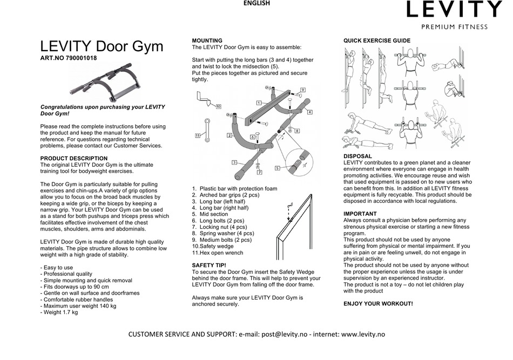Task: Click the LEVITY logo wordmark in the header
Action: pyautogui.click(x=454, y=9)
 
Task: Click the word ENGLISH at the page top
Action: pyautogui.click(x=256, y=3)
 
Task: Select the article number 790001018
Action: pyautogui.click(x=79, y=58)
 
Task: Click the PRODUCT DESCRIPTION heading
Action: pyautogui.click(x=74, y=158)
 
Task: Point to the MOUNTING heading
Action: pyautogui.click(x=207, y=40)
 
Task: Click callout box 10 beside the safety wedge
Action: pyautogui.click(x=218, y=107)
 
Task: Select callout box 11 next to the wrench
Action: pyautogui.click(x=198, y=135)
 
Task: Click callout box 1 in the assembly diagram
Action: pyautogui.click(x=259, y=103)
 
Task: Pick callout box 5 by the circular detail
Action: pyautogui.click(x=277, y=168)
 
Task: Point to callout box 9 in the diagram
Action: pyautogui.click(x=303, y=90)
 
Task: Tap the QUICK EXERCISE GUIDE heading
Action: pyautogui.click(x=377, y=40)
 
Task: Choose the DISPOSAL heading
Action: pyautogui.click(x=357, y=156)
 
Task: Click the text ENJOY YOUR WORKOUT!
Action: pyautogui.click(x=378, y=304)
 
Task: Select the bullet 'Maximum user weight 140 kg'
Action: pyautogui.click(x=78, y=306)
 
